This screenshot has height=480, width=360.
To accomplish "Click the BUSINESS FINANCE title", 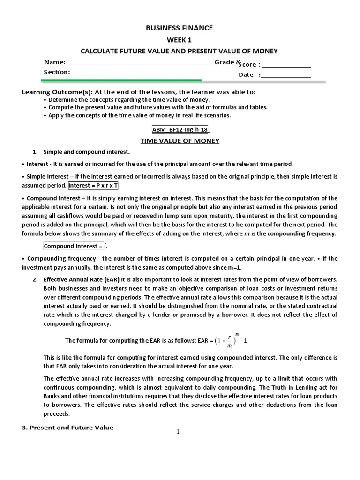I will click(x=180, y=28).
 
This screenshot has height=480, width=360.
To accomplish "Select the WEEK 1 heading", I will click(x=180, y=40).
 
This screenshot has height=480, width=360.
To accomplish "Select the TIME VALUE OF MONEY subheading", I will click(x=180, y=141).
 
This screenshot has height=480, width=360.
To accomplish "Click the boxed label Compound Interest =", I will click(x=73, y=246).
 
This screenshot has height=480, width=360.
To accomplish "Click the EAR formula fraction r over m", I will click(x=229, y=342).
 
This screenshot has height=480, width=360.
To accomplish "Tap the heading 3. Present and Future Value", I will click(x=68, y=427).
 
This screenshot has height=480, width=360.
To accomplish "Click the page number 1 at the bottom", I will click(x=178, y=432).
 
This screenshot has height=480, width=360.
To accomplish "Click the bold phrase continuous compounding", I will click(x=74, y=388).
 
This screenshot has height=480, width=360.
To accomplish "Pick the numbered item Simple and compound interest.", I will click(x=87, y=152).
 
